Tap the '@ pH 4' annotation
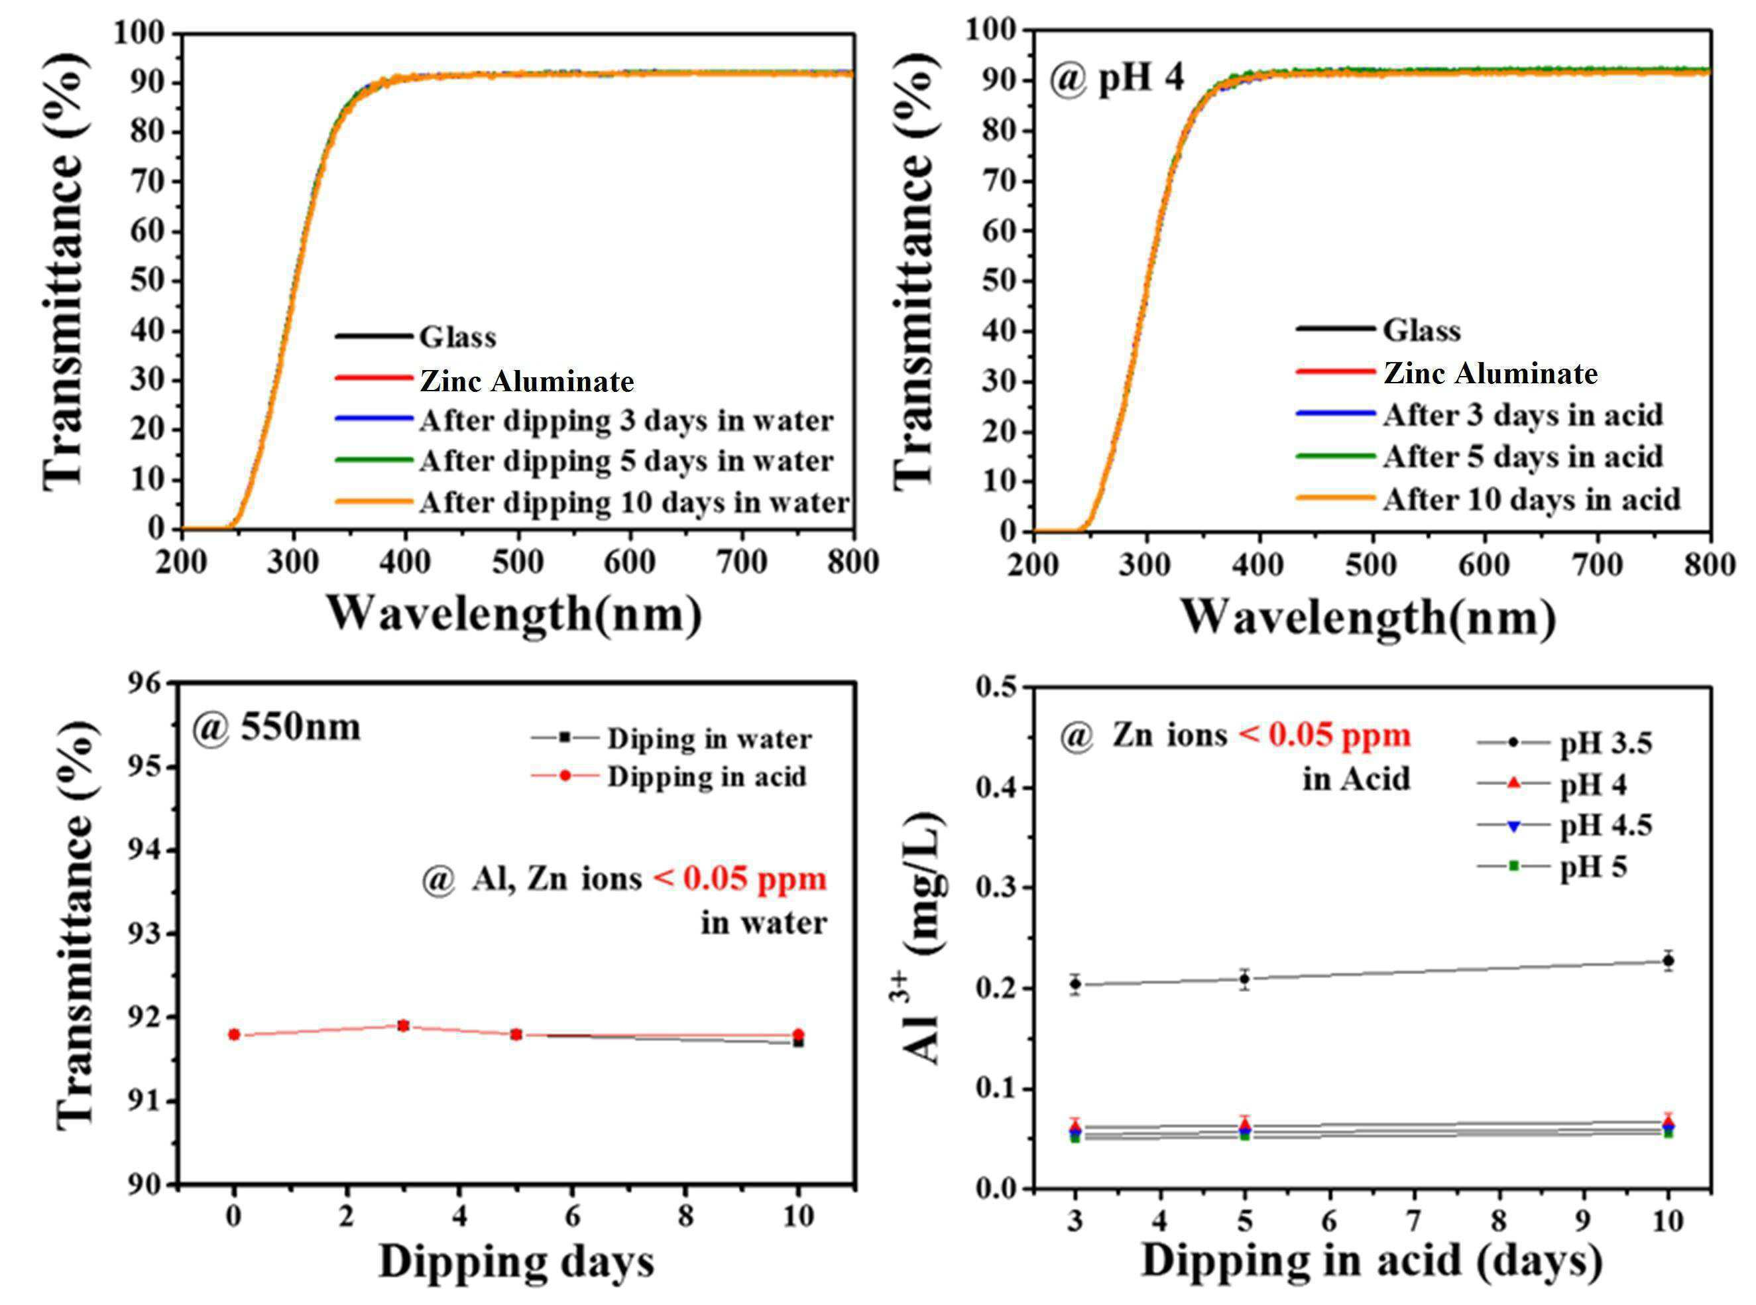(x=1116, y=80)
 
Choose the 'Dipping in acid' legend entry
(x=670, y=777)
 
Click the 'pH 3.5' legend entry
(x=1565, y=743)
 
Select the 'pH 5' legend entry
(x=1552, y=867)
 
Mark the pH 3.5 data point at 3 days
(x=1075, y=983)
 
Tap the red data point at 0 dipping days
(x=234, y=1034)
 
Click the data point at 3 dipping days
(x=402, y=1025)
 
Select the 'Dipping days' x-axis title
(x=517, y=1261)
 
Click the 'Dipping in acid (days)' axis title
(x=1372, y=1261)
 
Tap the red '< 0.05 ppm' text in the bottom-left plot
(x=740, y=879)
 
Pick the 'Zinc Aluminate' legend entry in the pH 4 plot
(x=1447, y=373)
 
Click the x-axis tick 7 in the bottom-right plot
(x=1414, y=1221)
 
